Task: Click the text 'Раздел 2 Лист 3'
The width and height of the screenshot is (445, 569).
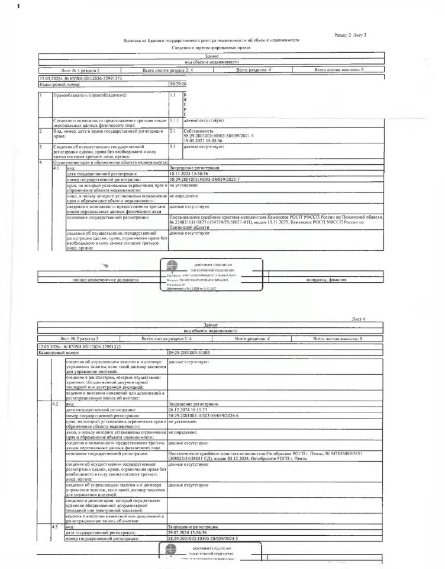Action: pos(350,36)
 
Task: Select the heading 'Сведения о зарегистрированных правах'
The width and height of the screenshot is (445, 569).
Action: pos(211,47)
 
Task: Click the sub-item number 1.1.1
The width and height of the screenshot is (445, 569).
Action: pos(175,120)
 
